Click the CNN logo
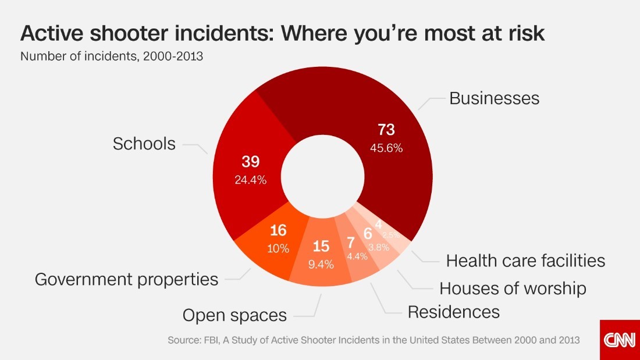coord(620,340)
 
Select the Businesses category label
coord(494,98)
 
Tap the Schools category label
coord(144,144)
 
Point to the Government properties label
coord(126,279)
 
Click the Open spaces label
coord(234,315)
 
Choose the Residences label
coord(453,312)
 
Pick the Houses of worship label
coord(513,288)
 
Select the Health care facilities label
coord(525,261)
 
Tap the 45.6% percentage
coord(386,148)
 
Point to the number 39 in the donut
coord(251,162)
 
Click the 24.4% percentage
coord(251,180)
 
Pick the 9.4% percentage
coord(321,265)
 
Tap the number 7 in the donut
coord(351,243)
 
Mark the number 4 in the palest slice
coord(379,224)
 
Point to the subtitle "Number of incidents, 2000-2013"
coord(112,57)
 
